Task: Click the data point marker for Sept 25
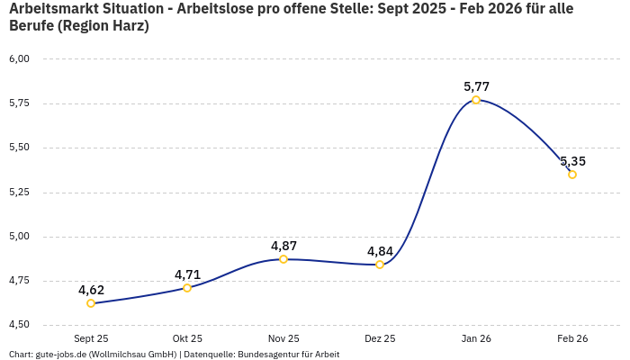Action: pos(91,303)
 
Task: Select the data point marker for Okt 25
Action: pos(187,288)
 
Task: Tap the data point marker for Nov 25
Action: pos(283,259)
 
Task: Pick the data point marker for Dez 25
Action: pos(380,265)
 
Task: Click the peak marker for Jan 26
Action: pos(476,100)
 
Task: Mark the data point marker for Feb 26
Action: pos(572,175)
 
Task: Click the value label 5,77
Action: pos(476,86)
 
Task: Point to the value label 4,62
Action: pos(91,290)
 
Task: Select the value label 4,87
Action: pos(283,246)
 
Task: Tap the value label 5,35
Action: pos(572,161)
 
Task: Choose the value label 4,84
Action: pos(380,251)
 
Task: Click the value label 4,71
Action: pos(187,274)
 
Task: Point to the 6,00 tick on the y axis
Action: pos(19,58)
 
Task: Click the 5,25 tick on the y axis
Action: pos(19,192)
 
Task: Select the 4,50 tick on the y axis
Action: pos(19,325)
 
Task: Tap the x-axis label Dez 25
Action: pos(380,338)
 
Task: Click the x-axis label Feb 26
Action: pos(572,338)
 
